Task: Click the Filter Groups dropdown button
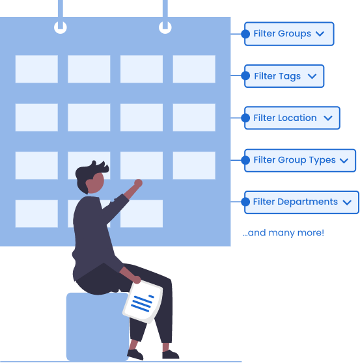[289, 34]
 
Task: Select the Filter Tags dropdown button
[284, 76]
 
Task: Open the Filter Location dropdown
[292, 118]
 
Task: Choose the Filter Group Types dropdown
[300, 161]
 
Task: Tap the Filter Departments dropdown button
[301, 202]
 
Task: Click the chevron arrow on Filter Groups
[320, 34]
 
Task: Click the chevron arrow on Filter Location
[328, 118]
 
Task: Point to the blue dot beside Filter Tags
[245, 75]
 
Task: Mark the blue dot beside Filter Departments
[245, 202]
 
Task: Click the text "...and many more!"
[283, 233]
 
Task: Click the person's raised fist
[138, 183]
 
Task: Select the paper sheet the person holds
[143, 301]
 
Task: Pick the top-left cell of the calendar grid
[36, 69]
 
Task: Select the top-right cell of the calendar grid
[194, 69]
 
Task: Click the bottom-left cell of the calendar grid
[36, 213]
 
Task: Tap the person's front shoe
[171, 355]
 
